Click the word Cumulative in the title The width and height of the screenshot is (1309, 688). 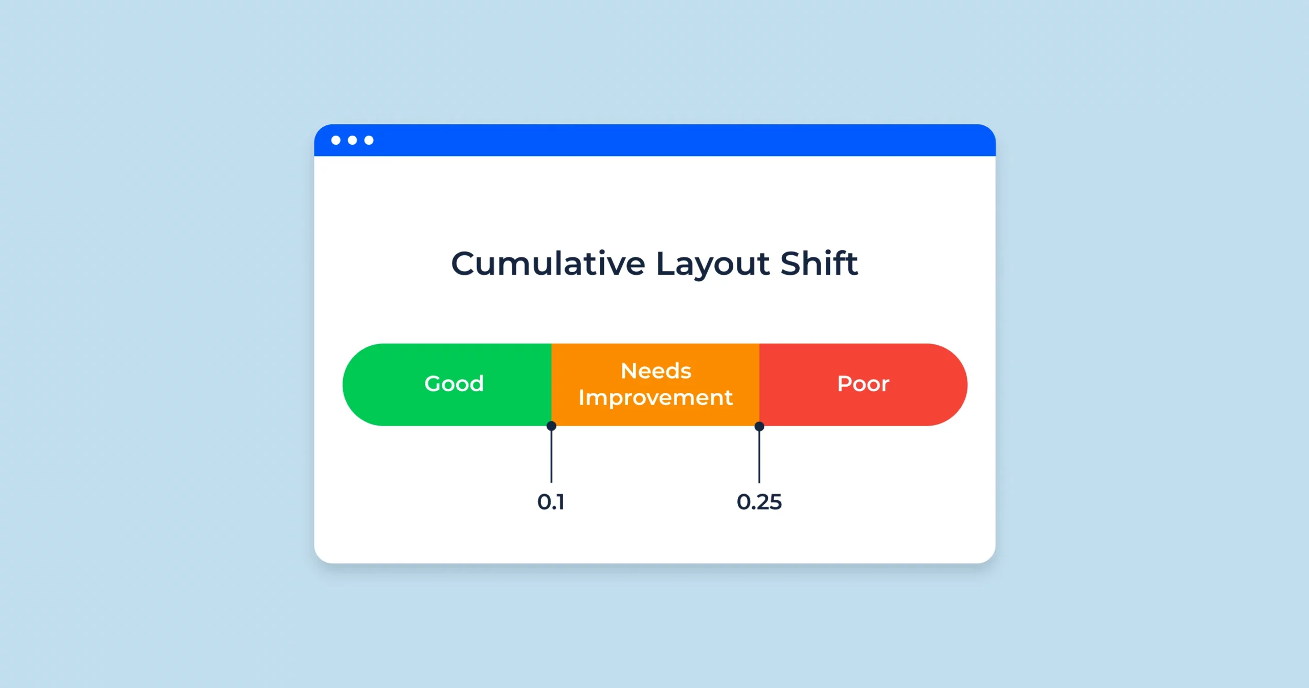548,264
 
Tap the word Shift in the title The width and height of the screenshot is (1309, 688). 819,264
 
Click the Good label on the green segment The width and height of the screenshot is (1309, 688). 454,384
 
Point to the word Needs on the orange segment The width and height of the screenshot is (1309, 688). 656,371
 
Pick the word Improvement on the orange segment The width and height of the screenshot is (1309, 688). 656,398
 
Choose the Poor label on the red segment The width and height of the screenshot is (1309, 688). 863,384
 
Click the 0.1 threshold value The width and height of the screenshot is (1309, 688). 551,502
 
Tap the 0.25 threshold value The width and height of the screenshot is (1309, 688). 759,502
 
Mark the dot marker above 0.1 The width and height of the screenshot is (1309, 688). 551,426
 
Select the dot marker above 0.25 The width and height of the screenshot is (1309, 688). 759,426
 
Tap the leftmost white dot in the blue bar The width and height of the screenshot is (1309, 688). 336,140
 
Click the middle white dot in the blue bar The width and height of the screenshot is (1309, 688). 352,140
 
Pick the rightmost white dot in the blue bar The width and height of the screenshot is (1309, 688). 369,140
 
